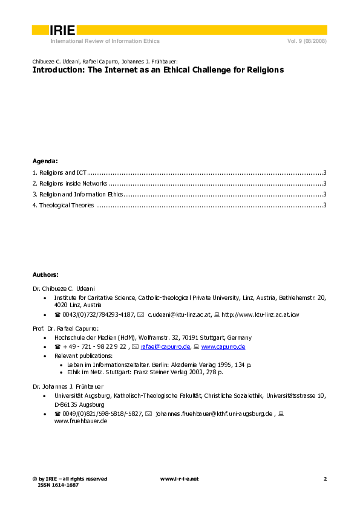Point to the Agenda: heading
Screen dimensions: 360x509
tap(45, 161)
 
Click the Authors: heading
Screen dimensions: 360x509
tap(45, 274)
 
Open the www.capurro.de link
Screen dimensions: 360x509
tap(223, 346)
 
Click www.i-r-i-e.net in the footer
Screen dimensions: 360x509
tap(179, 479)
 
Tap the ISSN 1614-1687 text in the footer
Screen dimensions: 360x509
tap(59, 485)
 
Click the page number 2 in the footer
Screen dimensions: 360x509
tap(325, 479)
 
